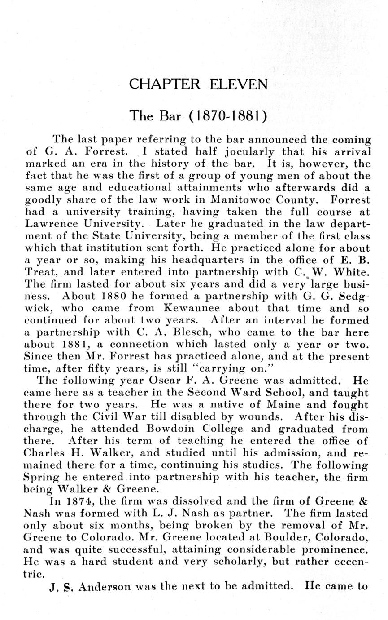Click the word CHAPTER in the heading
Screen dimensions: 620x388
(165, 84)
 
